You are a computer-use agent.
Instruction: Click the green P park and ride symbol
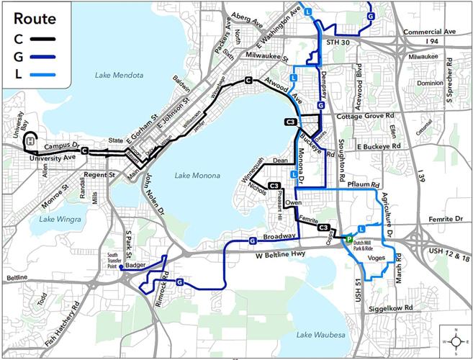(348, 240)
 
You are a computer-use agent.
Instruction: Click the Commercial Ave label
(430, 32)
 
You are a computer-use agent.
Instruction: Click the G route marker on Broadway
(253, 240)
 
